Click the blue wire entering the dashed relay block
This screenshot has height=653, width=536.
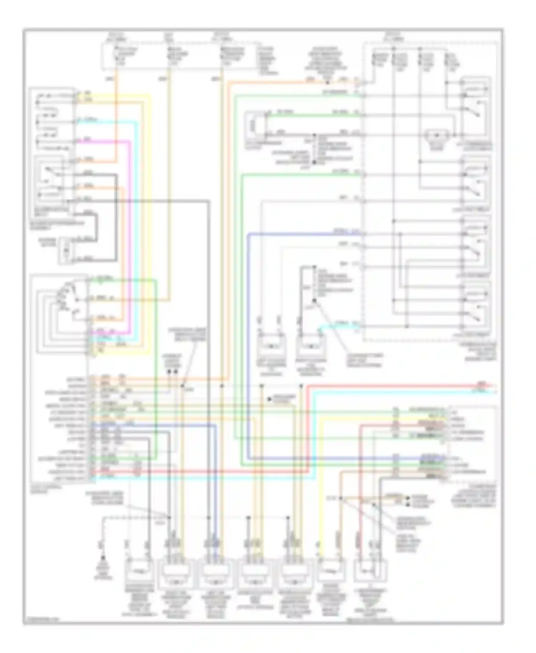click(304, 234)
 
